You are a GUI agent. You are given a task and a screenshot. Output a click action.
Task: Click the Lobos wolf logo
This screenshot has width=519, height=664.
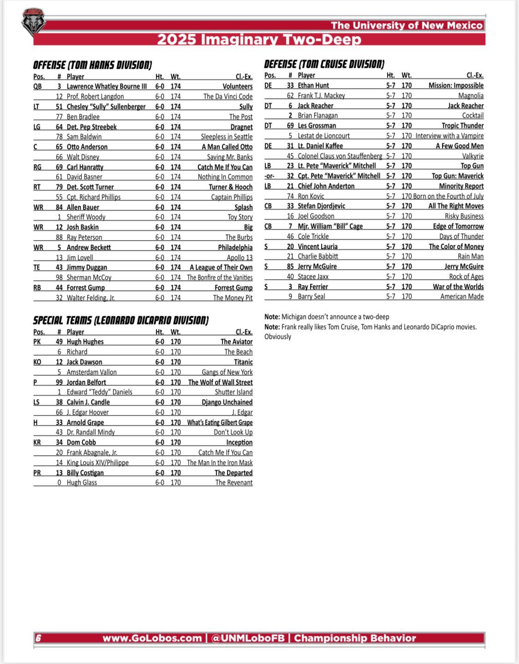pyautogui.click(x=34, y=22)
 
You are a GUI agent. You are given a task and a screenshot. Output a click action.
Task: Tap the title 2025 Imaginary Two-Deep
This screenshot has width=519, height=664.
pyautogui.click(x=259, y=39)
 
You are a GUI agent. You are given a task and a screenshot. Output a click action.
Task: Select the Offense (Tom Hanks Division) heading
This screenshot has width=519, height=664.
pyautogui.click(x=92, y=65)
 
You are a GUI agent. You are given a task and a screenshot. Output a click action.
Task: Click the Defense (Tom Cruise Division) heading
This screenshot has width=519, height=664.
pyautogui.click(x=324, y=64)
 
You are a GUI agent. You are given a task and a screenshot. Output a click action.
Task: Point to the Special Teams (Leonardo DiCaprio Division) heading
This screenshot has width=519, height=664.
pyautogui.click(x=120, y=320)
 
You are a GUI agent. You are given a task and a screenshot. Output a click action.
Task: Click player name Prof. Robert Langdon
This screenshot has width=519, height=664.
pyautogui.click(x=95, y=97)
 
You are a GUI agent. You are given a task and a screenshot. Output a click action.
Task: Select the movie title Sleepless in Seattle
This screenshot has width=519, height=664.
pyautogui.click(x=227, y=137)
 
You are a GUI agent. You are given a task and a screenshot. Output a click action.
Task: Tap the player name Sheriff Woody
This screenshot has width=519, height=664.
pyautogui.click(x=86, y=217)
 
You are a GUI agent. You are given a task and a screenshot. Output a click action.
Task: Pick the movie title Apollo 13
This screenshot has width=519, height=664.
pyautogui.click(x=239, y=258)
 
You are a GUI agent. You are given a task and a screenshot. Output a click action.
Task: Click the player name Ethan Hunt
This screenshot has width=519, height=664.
pyautogui.click(x=313, y=85)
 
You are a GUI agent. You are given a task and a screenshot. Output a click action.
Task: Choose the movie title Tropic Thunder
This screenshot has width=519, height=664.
pyautogui.click(x=462, y=126)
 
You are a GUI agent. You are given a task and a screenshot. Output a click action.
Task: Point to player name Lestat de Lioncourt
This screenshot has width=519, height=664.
pyautogui.click(x=323, y=136)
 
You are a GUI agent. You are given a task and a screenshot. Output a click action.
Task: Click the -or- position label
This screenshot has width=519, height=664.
pyautogui.click(x=269, y=176)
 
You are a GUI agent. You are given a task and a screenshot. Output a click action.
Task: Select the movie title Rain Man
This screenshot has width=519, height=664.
pyautogui.click(x=471, y=256)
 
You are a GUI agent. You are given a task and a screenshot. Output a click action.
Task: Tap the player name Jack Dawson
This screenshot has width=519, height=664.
pyautogui.click(x=84, y=362)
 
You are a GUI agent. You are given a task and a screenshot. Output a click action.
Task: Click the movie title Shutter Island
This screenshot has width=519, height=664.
pyautogui.click(x=233, y=392)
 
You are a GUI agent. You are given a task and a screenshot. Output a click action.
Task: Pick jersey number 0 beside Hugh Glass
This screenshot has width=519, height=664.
pyautogui.click(x=59, y=483)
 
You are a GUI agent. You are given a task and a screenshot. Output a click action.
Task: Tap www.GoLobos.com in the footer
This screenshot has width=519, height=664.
pyautogui.click(x=152, y=638)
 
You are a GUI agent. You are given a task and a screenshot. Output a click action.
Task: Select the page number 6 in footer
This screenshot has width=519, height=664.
pyautogui.click(x=39, y=638)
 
